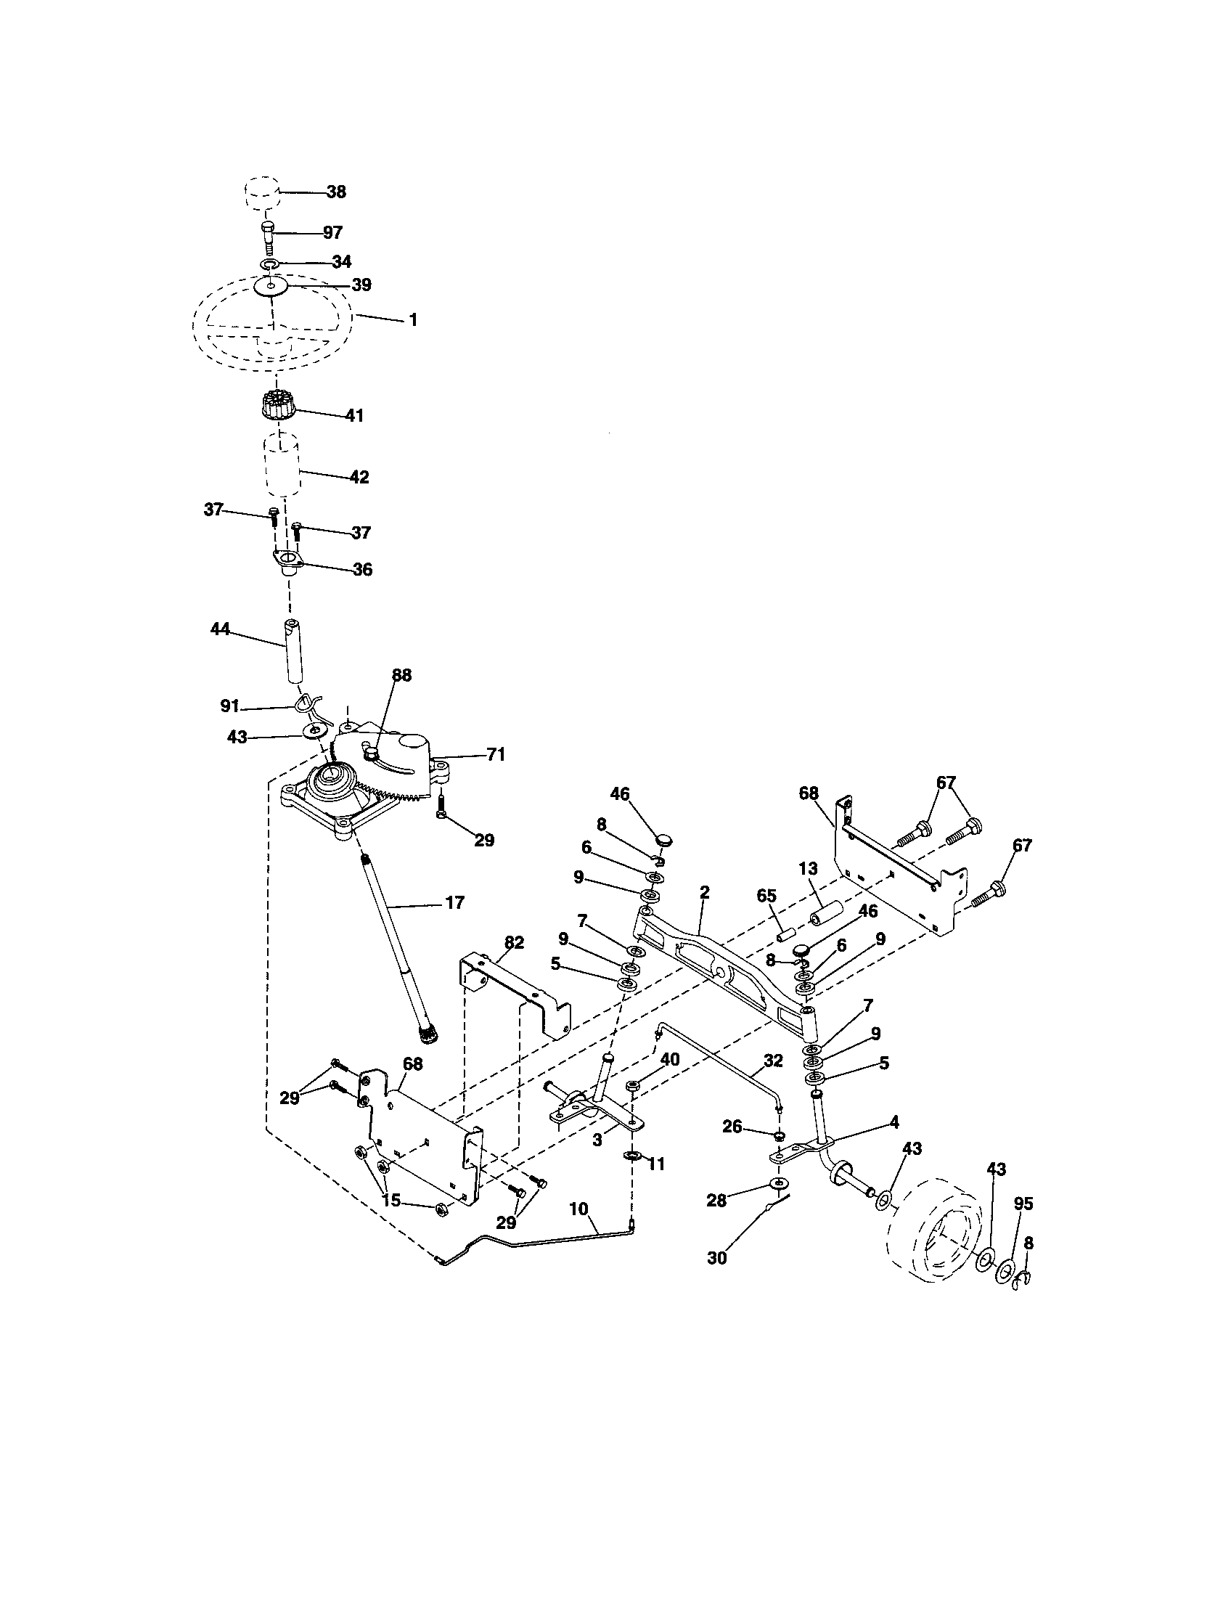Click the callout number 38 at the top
pos(336,192)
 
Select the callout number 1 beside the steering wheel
pos(412,319)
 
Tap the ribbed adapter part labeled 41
pos(277,406)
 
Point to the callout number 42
pos(359,477)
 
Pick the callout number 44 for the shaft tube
pos(220,629)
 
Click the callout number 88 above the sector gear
pos(401,675)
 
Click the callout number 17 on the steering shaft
pos(454,903)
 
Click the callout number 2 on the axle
pos(704,891)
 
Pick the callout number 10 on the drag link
pos(578,1209)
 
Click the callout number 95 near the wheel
pos(1024,1204)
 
